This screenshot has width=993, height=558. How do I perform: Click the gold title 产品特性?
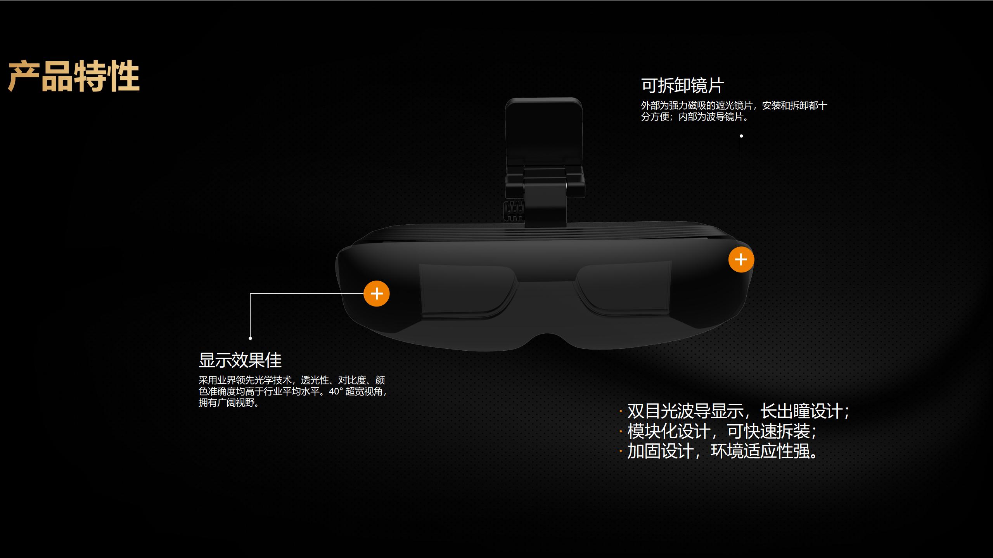click(74, 76)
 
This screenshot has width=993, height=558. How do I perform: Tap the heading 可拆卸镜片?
click(682, 86)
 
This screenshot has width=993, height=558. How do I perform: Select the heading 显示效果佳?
click(240, 360)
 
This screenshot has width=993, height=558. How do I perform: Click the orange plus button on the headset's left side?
click(376, 293)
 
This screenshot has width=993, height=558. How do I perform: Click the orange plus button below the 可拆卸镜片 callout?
click(741, 260)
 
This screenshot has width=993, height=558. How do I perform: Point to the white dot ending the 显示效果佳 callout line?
click(250, 338)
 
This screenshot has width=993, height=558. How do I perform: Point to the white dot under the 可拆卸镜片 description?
click(741, 136)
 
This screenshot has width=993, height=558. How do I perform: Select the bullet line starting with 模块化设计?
click(722, 431)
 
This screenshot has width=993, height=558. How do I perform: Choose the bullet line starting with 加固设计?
click(722, 451)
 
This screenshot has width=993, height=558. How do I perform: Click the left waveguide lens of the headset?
click(465, 291)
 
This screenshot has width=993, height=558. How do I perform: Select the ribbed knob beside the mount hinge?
click(513, 211)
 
